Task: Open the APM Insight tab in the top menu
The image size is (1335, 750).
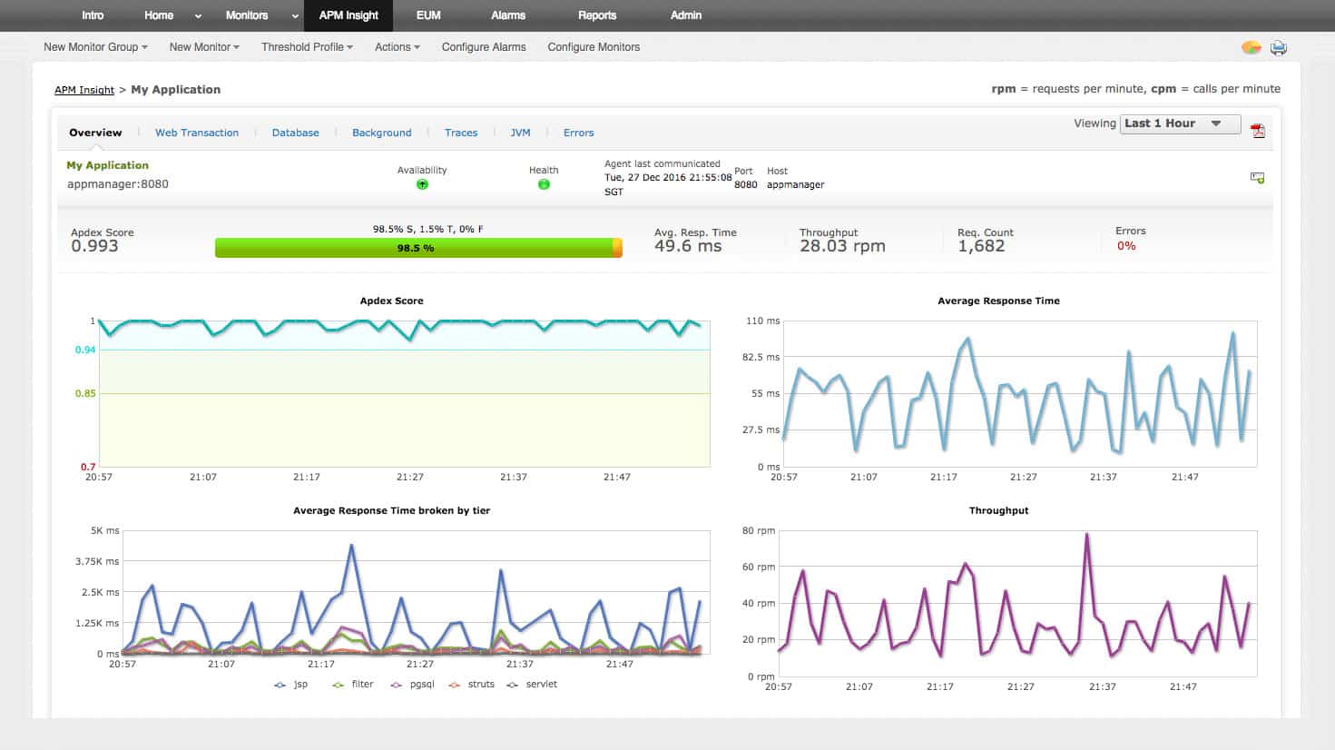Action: click(348, 15)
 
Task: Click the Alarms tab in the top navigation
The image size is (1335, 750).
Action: click(508, 15)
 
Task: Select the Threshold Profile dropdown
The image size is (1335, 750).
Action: click(307, 47)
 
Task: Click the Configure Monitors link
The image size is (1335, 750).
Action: click(594, 47)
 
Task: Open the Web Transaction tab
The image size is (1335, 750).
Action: click(197, 133)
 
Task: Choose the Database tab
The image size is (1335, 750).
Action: click(296, 133)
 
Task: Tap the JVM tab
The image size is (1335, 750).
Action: click(520, 133)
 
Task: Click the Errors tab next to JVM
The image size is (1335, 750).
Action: click(578, 133)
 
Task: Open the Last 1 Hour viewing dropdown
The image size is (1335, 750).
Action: click(1181, 123)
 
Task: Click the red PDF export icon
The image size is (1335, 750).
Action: click(1257, 131)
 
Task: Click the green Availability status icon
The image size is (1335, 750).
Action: click(422, 184)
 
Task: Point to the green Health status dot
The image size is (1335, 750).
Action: click(544, 184)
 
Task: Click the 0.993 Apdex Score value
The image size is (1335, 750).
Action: click(94, 246)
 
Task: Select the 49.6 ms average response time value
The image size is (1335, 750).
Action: click(688, 246)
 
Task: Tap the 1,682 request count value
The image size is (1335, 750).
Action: click(981, 246)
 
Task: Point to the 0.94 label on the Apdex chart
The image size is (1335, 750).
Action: click(85, 350)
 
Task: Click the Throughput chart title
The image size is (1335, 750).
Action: click(998, 510)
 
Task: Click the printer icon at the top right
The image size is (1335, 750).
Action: click(1278, 47)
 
